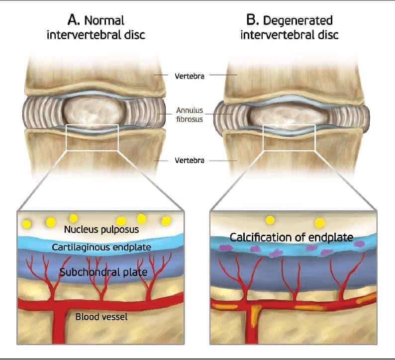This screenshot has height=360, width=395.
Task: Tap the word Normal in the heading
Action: [x=104, y=21]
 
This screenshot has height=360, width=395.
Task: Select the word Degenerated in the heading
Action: [x=298, y=21]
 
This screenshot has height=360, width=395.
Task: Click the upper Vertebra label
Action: [x=190, y=76]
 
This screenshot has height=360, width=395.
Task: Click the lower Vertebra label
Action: [x=190, y=161]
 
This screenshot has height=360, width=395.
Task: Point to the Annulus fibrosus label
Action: [x=190, y=114]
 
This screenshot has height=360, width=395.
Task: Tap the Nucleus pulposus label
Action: [x=101, y=230]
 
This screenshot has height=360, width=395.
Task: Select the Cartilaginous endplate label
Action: [x=101, y=247]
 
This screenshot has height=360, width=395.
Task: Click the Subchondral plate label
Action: [x=103, y=272]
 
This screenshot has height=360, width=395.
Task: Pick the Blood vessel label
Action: [x=101, y=317]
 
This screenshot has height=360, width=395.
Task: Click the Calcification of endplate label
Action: [x=292, y=237]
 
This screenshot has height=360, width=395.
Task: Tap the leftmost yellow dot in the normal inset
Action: [x=27, y=224]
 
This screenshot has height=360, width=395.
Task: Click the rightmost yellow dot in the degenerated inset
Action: [x=320, y=223]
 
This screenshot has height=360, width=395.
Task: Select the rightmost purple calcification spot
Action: [x=359, y=244]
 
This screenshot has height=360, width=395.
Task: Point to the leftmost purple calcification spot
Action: [x=226, y=248]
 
